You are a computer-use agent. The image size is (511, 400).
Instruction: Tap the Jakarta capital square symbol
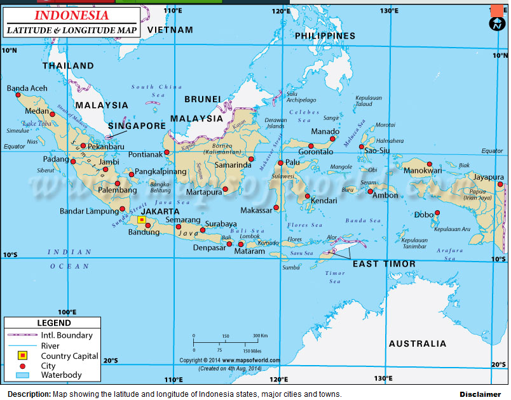pos(142,220)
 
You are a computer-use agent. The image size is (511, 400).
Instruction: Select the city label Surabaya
pos(220,224)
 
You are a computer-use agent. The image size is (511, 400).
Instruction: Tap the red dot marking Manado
pos(332,138)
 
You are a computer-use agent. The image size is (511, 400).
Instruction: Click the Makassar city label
pos(256,210)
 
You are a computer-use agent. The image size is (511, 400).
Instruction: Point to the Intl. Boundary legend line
pos(22,335)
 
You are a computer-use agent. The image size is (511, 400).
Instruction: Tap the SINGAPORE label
pos(137,126)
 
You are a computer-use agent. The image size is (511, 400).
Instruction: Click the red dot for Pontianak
pos(167,152)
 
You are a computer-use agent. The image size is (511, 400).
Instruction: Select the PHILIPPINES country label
pos(325,36)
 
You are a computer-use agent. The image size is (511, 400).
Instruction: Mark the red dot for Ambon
pos(370,191)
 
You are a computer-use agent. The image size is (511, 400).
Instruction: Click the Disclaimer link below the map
pos(480,394)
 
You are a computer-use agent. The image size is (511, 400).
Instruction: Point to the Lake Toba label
pos(37,123)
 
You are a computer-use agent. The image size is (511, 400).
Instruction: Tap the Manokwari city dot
pos(429,164)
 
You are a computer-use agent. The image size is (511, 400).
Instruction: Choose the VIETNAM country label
pos(170,30)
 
